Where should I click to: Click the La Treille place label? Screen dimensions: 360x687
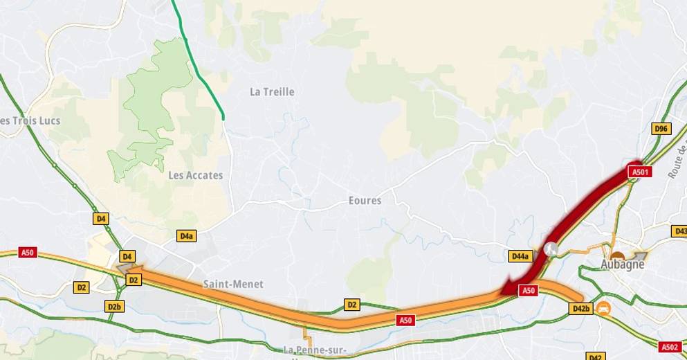[x=272, y=91]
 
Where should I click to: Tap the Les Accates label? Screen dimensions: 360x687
[x=196, y=175]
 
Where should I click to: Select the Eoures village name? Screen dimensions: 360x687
[x=365, y=201]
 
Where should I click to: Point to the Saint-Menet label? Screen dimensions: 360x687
[x=233, y=284]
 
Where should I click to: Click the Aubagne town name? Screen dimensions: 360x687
[x=623, y=264]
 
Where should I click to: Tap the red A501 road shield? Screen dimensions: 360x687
[x=639, y=172]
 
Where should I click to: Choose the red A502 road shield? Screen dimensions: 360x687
[x=670, y=347]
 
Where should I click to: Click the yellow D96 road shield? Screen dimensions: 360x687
[x=661, y=129]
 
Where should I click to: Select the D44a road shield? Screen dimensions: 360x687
[x=521, y=256]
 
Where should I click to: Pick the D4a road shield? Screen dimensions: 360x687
[x=186, y=236]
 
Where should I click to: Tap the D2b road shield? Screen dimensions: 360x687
[x=114, y=306]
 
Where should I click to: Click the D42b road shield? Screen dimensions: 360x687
[x=580, y=308]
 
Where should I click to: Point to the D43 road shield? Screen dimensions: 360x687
[x=679, y=231]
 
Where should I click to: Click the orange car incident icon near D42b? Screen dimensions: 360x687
[x=603, y=307]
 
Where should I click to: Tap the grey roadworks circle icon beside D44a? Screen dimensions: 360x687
[x=551, y=247]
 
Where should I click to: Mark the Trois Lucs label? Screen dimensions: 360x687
[x=30, y=120]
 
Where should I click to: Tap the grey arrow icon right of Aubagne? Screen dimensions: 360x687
[x=640, y=255]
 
